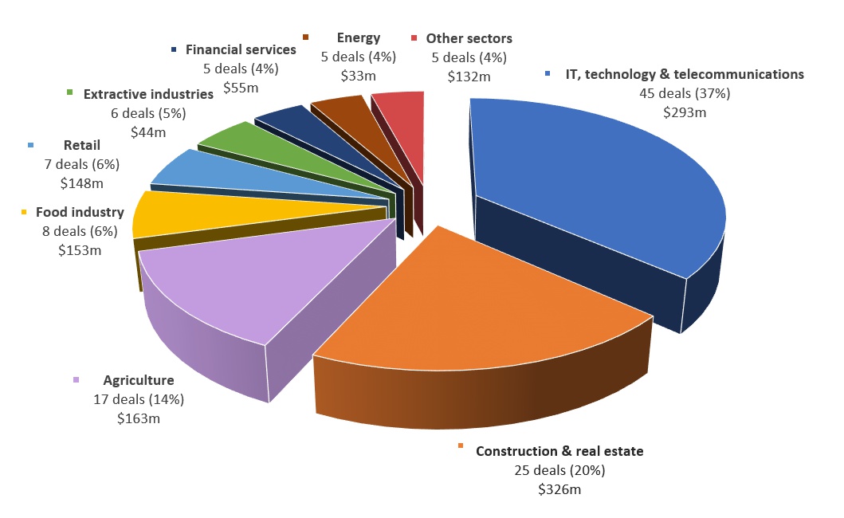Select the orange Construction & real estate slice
click(x=478, y=311)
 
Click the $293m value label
click(x=685, y=112)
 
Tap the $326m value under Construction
click(x=559, y=489)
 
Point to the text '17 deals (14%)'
click(x=139, y=398)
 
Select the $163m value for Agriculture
click(x=139, y=417)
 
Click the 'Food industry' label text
click(x=80, y=212)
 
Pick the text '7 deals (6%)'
click(x=81, y=164)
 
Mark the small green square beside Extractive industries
click(x=71, y=94)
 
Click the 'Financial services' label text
click(x=241, y=49)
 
